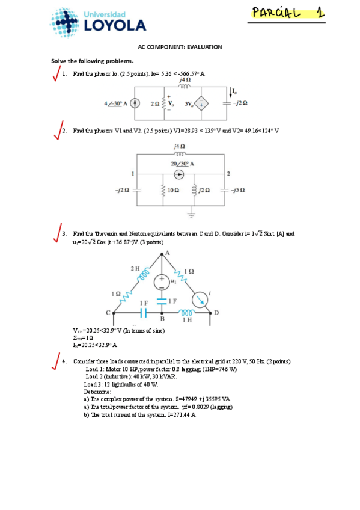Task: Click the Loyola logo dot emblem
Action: click(63, 23)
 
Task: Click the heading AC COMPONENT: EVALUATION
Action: click(180, 47)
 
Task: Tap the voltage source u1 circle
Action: click(162, 281)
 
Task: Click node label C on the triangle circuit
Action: click(108, 312)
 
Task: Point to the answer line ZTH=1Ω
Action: click(82, 338)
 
